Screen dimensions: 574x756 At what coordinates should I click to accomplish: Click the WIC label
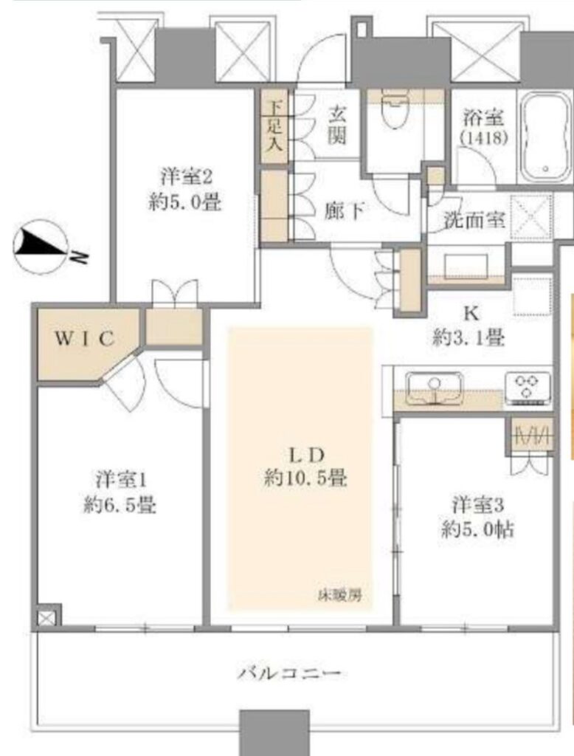coord(85,338)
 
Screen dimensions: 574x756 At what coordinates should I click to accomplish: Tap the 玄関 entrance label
coord(336,126)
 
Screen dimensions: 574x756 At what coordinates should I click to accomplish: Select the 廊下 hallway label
coord(344,210)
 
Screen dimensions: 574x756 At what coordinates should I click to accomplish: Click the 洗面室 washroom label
coord(474,220)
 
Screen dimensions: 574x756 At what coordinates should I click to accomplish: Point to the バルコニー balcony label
coord(289,673)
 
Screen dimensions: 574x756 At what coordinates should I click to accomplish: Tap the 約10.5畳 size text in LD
coord(305,478)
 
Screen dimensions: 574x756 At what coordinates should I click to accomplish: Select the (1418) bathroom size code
coord(483,138)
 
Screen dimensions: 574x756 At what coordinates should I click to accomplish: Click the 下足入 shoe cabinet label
coord(274,126)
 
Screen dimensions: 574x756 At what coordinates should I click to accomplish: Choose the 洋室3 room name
coord(478,505)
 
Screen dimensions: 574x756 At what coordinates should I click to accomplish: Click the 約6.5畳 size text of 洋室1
coord(119,505)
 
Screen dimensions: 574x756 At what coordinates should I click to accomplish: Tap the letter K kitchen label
coord(471,314)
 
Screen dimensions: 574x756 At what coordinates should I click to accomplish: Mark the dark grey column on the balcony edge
coord(274,733)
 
